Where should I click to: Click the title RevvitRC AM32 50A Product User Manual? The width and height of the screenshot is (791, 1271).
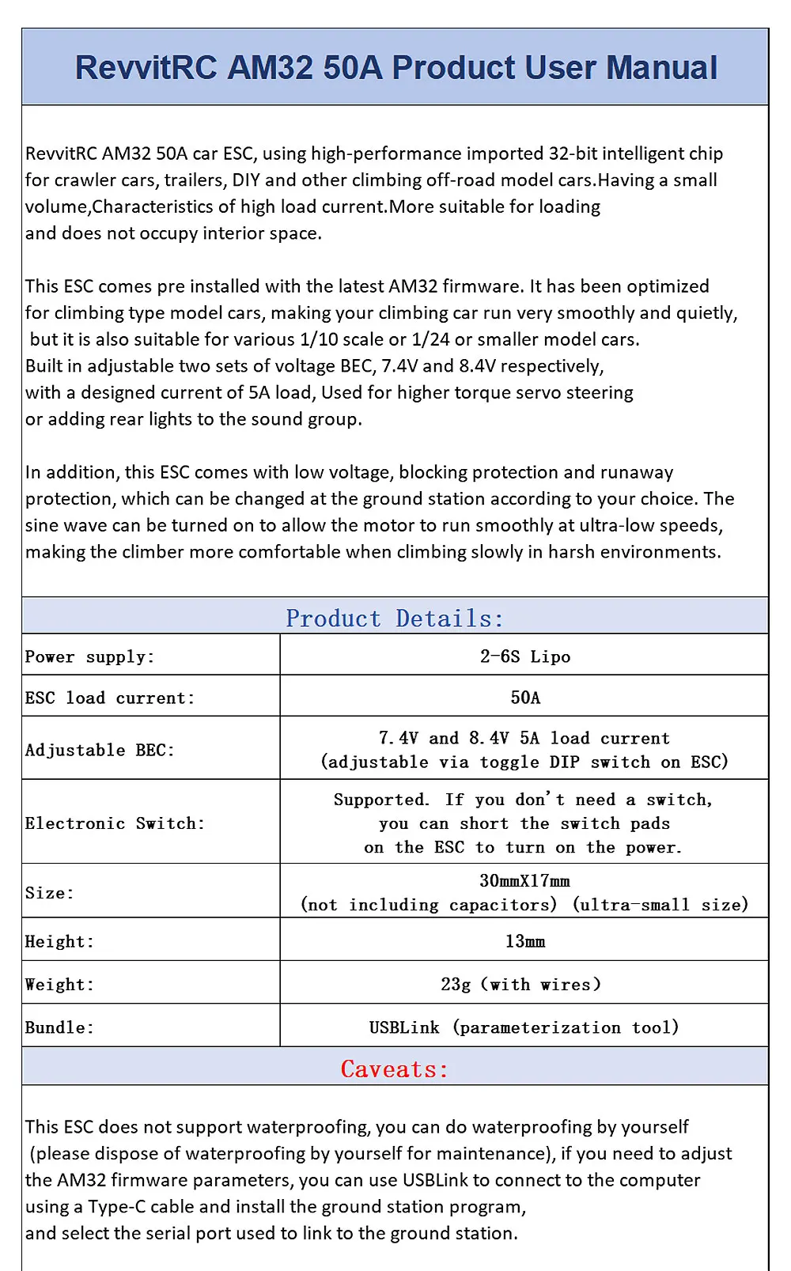tap(395, 68)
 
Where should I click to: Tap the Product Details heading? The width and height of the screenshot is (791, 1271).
tap(395, 618)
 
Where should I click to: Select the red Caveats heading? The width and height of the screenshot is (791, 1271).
tap(395, 1069)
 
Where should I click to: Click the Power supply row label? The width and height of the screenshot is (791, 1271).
tap(89, 656)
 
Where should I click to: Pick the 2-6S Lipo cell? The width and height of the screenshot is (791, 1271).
tap(524, 656)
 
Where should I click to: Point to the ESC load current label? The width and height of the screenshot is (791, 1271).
tap(109, 698)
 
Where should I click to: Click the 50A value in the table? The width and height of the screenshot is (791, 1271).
tap(525, 698)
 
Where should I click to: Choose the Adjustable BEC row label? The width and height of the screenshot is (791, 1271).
tap(100, 750)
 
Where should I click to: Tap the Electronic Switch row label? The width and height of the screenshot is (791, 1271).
tap(115, 823)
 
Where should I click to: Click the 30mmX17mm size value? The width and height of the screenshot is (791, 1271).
tap(524, 881)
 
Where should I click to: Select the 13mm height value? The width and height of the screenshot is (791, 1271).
tap(525, 941)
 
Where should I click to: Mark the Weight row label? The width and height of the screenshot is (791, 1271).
tap(59, 985)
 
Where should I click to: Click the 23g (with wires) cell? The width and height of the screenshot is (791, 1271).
tap(521, 985)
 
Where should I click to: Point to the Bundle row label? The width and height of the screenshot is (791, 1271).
tap(59, 1027)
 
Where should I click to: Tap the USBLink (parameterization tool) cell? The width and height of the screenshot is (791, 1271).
tap(524, 1027)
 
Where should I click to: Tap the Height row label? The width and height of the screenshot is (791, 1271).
tap(59, 941)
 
